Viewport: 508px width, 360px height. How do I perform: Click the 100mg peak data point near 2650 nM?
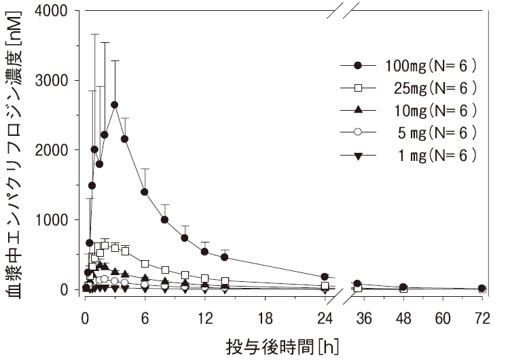click(x=114, y=105)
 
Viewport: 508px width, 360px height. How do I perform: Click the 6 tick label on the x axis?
click(x=145, y=317)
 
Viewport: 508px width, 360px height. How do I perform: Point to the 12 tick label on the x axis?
click(x=204, y=317)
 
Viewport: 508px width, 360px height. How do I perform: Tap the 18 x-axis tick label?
click(x=265, y=317)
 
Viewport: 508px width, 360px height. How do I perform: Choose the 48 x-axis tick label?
click(x=403, y=317)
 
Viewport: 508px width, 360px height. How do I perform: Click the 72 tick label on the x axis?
click(x=482, y=317)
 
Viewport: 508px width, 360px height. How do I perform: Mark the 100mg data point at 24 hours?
click(x=325, y=276)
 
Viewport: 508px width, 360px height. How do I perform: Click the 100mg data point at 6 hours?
click(x=145, y=192)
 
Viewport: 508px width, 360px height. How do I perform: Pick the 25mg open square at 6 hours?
click(x=145, y=264)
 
